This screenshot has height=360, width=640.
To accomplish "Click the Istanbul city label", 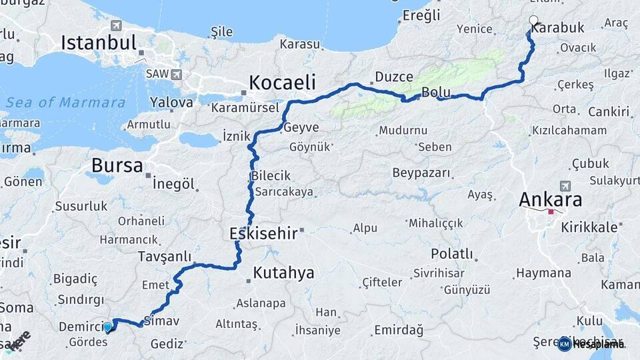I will tap(99, 43).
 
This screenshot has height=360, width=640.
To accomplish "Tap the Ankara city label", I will tap(550, 199).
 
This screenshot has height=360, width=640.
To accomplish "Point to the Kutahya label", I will tap(283, 273).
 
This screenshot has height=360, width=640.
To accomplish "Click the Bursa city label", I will tap(117, 165).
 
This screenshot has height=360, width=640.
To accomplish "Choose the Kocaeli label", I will tap(282, 83).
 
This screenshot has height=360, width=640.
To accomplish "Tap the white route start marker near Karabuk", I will tap(533, 21).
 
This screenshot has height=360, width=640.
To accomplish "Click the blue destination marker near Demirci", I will tap(108, 327).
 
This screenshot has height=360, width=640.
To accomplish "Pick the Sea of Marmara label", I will tap(65, 103).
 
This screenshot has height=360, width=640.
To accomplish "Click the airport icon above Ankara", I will tap(566, 185).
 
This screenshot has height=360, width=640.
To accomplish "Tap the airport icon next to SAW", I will tap(176, 74).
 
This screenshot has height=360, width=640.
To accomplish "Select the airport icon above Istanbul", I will tap(117, 25).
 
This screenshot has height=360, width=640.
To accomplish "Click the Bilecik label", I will tap(271, 176).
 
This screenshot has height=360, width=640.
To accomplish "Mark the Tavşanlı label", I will tap(164, 257).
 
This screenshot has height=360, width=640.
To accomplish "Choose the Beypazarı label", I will tap(421, 173).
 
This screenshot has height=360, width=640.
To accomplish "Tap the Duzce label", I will tap(394, 77).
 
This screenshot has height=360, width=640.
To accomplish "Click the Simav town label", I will tap(161, 321).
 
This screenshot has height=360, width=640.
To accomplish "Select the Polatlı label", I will tap(452, 254).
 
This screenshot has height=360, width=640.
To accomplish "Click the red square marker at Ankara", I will tap(551, 213).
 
